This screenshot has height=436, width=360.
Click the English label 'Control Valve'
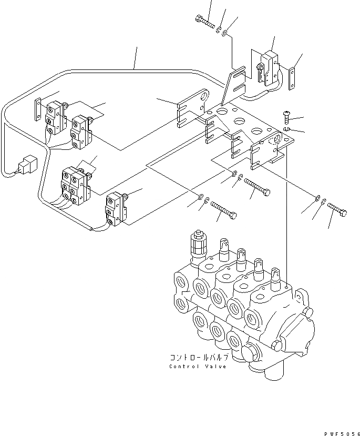point(198,366)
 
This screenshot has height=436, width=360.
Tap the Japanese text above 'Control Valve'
point(199,357)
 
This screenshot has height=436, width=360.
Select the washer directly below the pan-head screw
point(285,129)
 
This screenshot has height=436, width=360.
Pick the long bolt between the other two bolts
point(256,186)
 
